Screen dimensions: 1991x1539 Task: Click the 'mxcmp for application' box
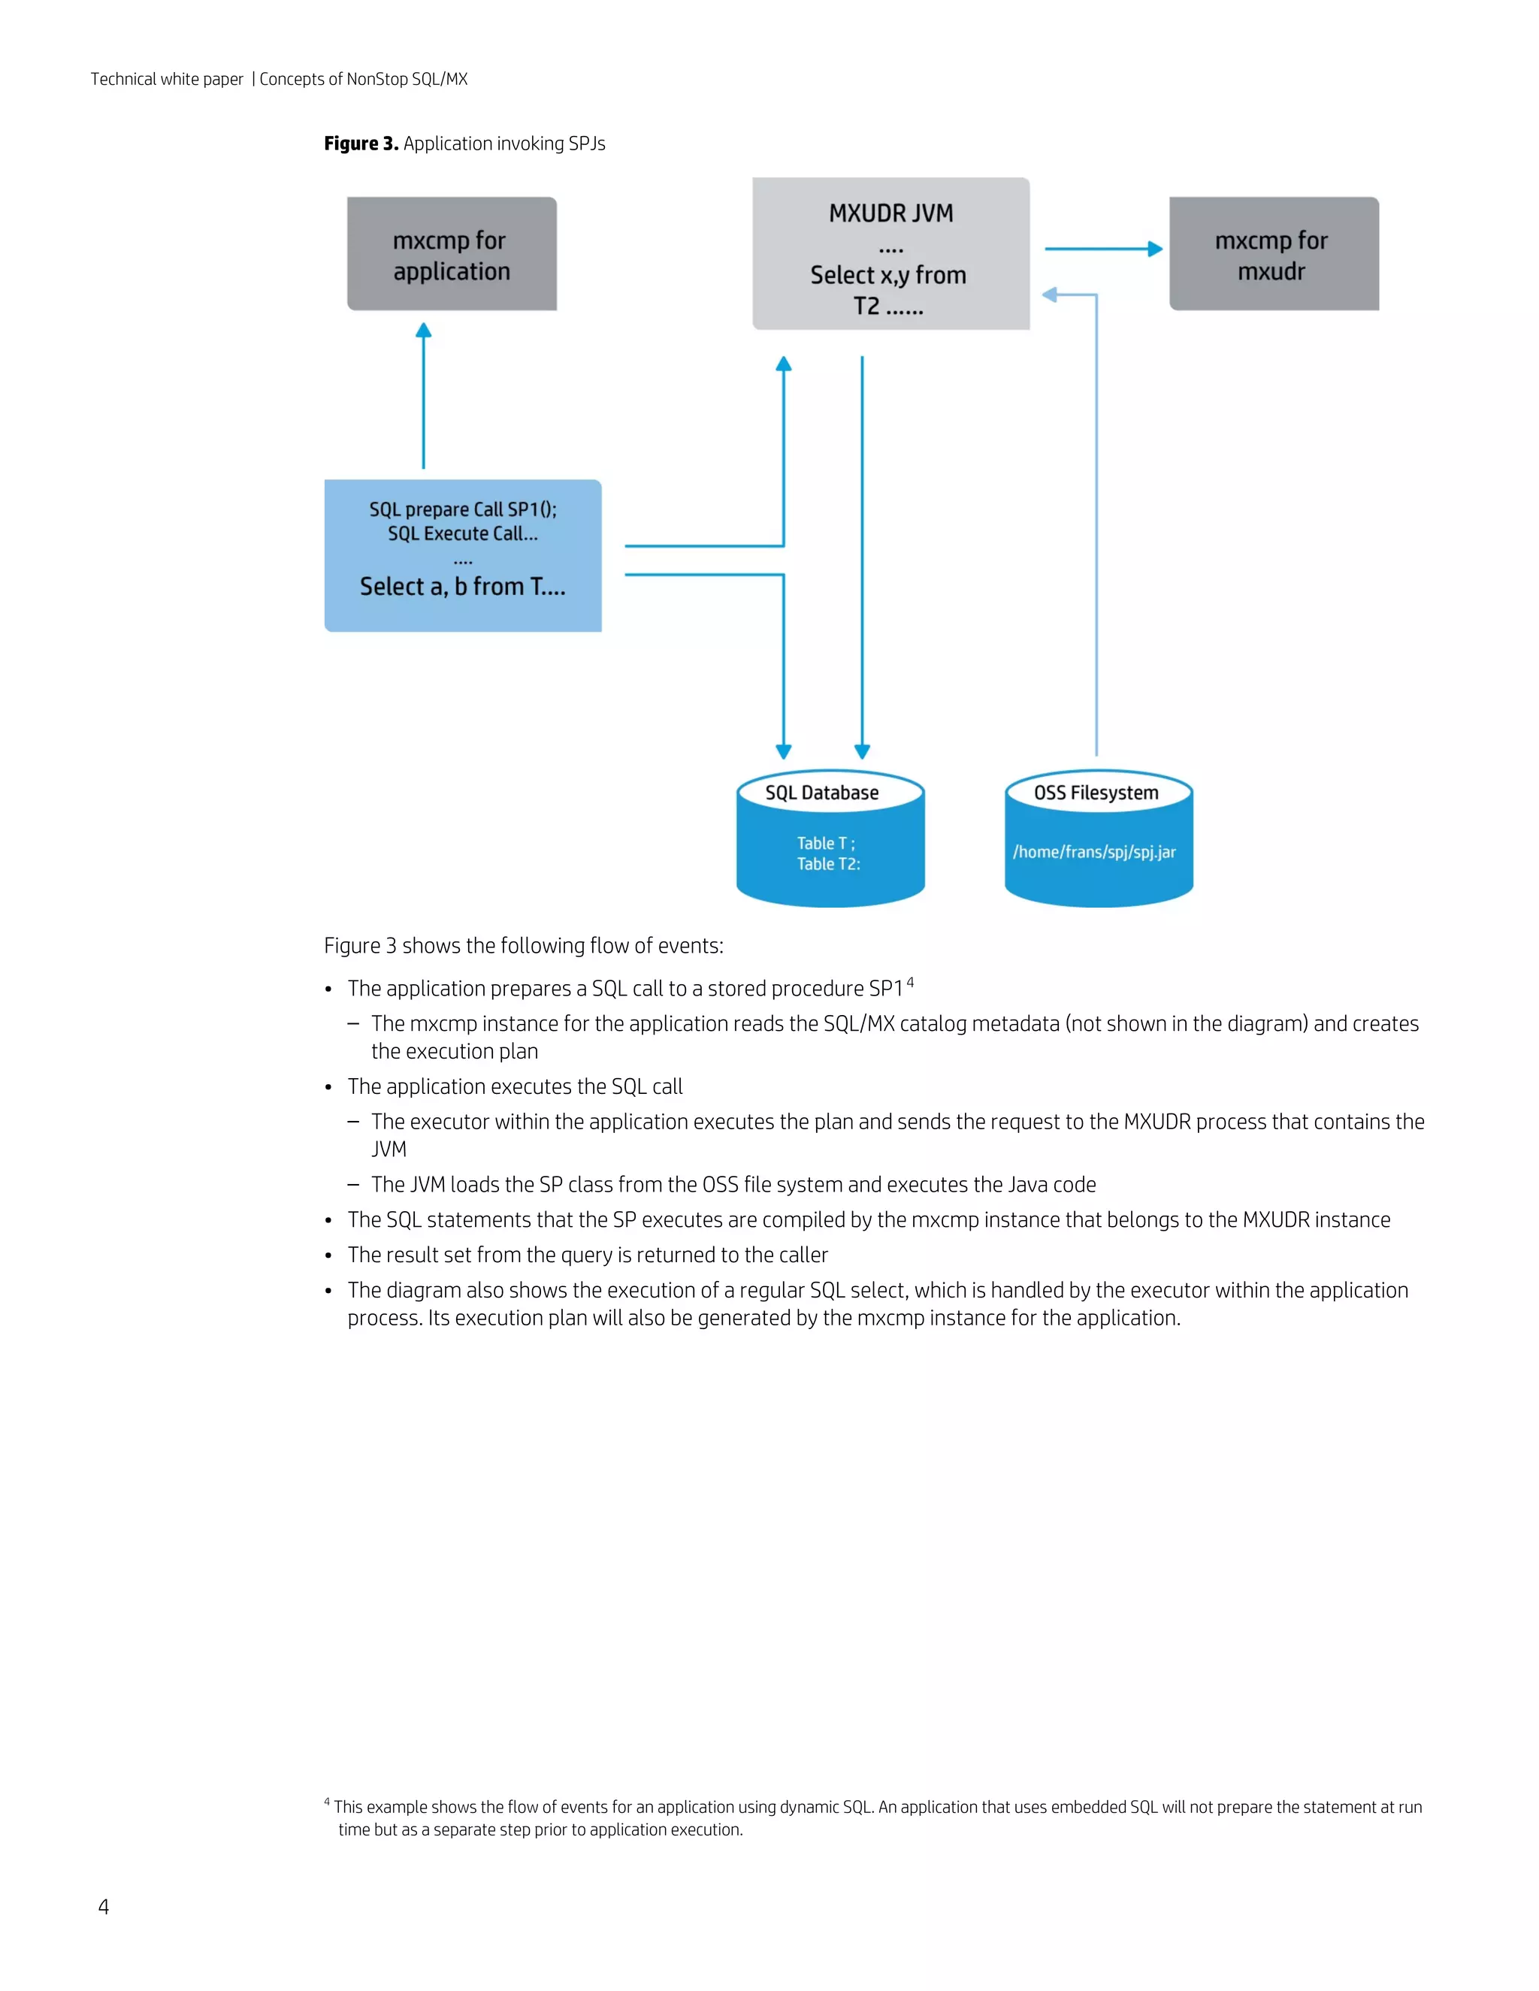(452, 255)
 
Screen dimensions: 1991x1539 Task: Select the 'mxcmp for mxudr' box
(1273, 255)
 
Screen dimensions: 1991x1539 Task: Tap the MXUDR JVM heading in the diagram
(890, 213)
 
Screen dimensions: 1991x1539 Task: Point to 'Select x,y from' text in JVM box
(888, 275)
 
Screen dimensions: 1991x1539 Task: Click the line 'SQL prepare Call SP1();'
(462, 509)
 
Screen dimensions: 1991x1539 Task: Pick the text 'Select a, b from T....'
(462, 586)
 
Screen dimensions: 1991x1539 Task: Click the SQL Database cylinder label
(821, 793)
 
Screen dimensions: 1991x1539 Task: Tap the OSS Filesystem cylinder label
(1096, 793)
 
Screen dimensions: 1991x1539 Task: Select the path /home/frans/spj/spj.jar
(1094, 853)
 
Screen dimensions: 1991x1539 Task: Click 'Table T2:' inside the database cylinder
(828, 864)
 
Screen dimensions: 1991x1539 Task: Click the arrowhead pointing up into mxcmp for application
(423, 331)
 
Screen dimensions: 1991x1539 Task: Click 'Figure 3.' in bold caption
(361, 144)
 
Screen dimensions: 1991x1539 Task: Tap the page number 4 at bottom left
(103, 1907)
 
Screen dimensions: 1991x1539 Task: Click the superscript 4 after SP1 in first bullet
(910, 982)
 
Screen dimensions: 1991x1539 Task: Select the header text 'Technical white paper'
(167, 80)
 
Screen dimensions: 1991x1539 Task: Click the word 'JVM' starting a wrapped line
(389, 1150)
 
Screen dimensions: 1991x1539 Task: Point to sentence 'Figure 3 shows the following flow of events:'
(523, 946)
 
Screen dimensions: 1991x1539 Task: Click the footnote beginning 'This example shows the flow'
(875, 1807)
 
